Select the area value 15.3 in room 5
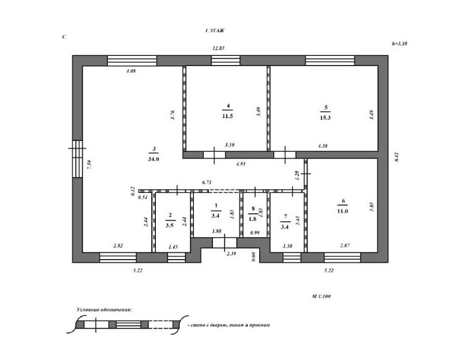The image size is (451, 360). pos(326,116)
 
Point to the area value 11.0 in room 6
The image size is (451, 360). pos(343,211)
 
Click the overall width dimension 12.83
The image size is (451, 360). pos(218,48)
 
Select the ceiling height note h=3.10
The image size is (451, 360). pos(401,43)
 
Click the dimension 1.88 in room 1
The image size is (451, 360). pos(216,231)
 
